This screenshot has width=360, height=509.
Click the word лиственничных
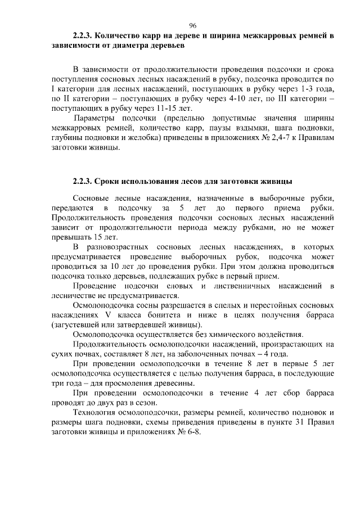click(253, 287)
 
